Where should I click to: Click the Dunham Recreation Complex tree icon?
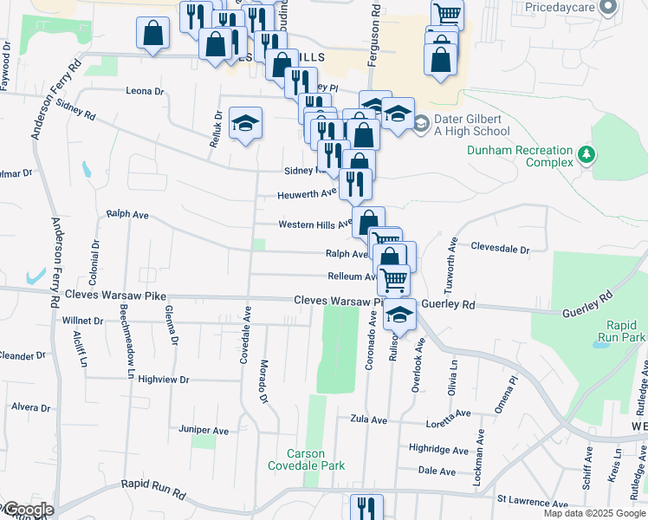pyautogui.click(x=588, y=154)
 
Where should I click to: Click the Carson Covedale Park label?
pyautogui.click(x=307, y=460)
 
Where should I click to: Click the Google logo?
pyautogui.click(x=28, y=510)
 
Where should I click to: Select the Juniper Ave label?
pyautogui.click(x=203, y=430)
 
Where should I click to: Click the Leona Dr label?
pyautogui.click(x=145, y=91)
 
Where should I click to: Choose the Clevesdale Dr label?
pyautogui.click(x=500, y=248)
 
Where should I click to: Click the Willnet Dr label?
pyautogui.click(x=83, y=321)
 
